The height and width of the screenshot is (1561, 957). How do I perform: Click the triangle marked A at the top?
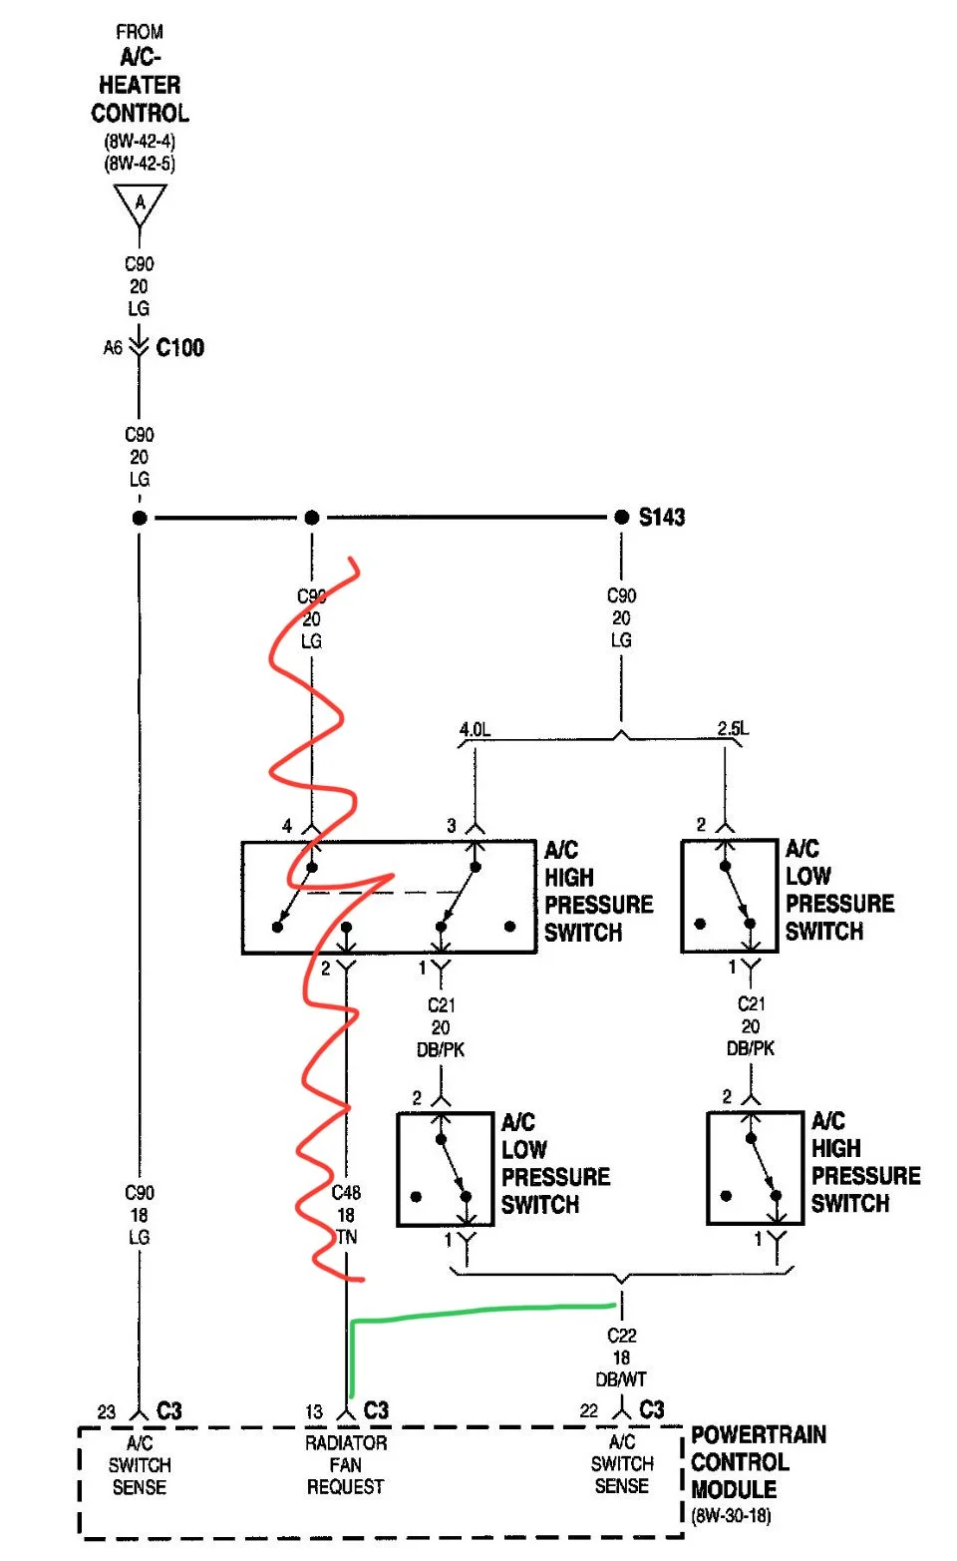pyautogui.click(x=140, y=200)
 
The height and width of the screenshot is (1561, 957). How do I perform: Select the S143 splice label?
pyautogui.click(x=662, y=517)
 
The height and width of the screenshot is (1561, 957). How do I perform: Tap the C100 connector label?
pyautogui.click(x=180, y=347)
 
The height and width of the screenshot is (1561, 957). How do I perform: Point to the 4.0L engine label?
pyautogui.click(x=476, y=729)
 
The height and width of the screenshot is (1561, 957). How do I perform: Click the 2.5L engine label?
pyautogui.click(x=733, y=728)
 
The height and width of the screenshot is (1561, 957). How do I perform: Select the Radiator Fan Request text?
pyautogui.click(x=346, y=1464)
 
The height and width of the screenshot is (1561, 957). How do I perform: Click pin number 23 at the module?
pyautogui.click(x=106, y=1411)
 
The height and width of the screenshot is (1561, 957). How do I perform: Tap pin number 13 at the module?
pyautogui.click(x=314, y=1411)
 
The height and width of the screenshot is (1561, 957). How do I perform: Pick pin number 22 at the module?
pyautogui.click(x=588, y=1411)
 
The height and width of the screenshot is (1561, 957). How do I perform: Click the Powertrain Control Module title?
pyautogui.click(x=759, y=1461)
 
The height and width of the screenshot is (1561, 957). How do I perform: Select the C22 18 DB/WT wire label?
pyautogui.click(x=621, y=1357)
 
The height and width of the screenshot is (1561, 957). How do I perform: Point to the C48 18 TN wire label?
pyautogui.click(x=346, y=1215)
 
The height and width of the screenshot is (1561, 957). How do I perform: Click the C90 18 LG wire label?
pyautogui.click(x=139, y=1215)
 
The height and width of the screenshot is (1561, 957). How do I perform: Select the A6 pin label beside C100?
pyautogui.click(x=113, y=347)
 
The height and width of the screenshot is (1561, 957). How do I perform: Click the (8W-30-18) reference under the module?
pyautogui.click(x=731, y=1516)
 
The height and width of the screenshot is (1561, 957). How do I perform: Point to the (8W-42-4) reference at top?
pyautogui.click(x=140, y=141)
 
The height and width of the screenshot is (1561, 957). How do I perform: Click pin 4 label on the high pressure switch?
pyautogui.click(x=287, y=826)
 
